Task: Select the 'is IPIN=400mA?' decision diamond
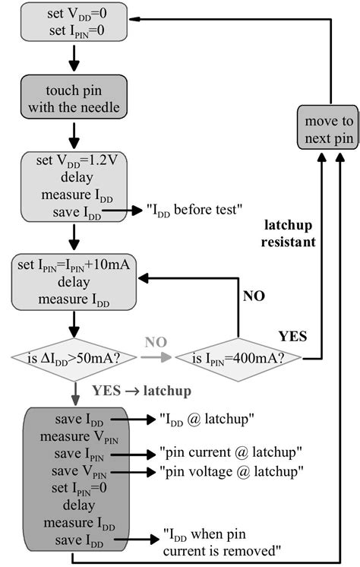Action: coord(238,356)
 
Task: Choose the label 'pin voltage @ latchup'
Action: coord(232,471)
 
